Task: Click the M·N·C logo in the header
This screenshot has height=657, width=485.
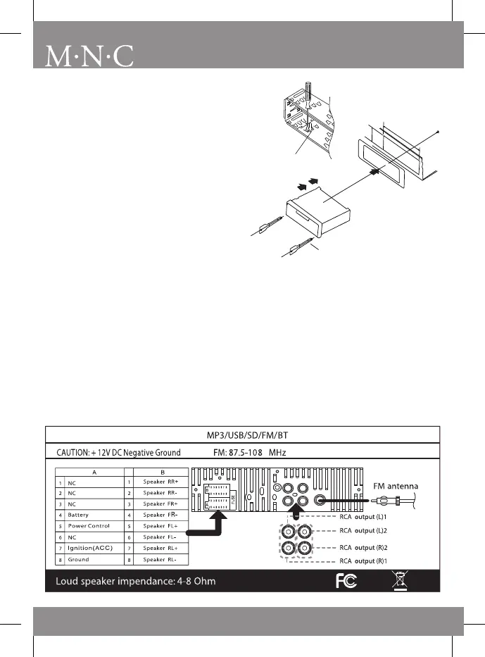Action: click(x=89, y=56)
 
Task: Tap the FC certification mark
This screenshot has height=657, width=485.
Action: click(x=346, y=582)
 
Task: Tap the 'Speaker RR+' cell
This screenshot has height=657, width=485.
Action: click(x=161, y=482)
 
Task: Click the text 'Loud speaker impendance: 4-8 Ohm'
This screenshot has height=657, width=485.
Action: click(x=136, y=582)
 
